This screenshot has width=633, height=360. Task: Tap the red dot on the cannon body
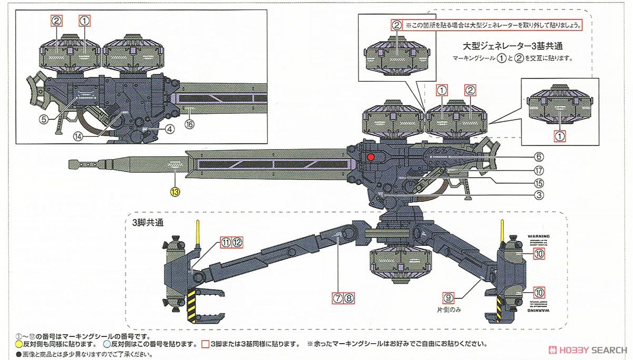tap(370, 157)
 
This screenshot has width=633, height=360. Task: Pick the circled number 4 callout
tap(538, 157)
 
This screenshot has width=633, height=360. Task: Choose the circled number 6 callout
tap(538, 170)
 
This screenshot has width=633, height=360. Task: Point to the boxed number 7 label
tap(338, 297)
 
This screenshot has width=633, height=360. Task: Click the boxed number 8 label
tap(349, 297)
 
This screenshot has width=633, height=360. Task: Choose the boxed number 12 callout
tap(237, 242)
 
